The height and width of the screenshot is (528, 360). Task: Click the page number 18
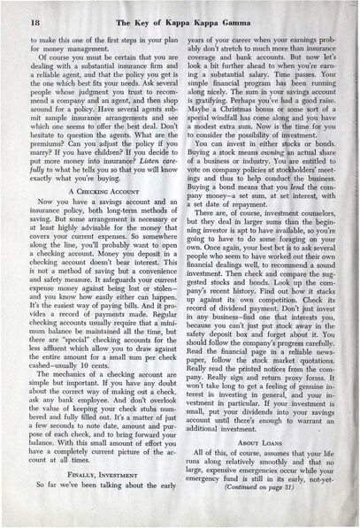tap(33, 18)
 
